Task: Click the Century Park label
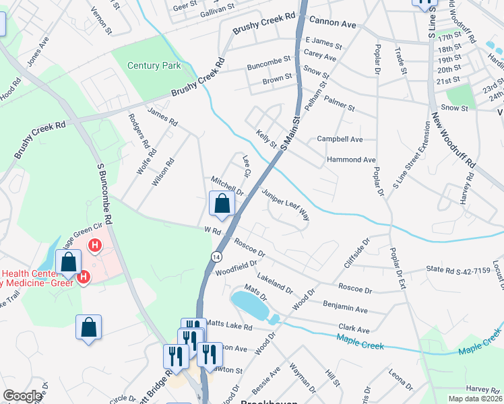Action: [x=155, y=65]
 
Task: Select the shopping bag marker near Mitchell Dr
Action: [x=222, y=203]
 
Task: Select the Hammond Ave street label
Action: [x=350, y=160]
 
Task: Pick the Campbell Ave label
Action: [x=340, y=139]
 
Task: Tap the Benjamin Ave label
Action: [x=345, y=309]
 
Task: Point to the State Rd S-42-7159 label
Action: [x=457, y=270]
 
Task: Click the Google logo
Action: [x=22, y=396]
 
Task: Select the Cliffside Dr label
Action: [x=357, y=252]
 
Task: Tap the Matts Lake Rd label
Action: [x=229, y=327]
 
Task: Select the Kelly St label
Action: [x=266, y=140]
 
